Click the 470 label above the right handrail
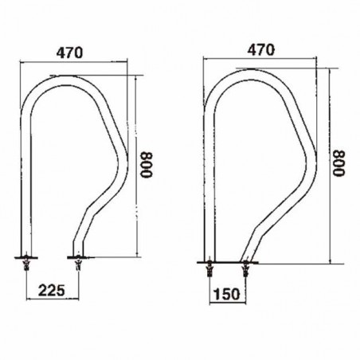pyautogui.click(x=261, y=49)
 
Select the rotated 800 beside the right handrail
pyautogui.click(x=340, y=165)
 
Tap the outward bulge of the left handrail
pyautogui.click(x=122, y=159)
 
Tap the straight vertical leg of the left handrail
pyautogui.click(x=23, y=183)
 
